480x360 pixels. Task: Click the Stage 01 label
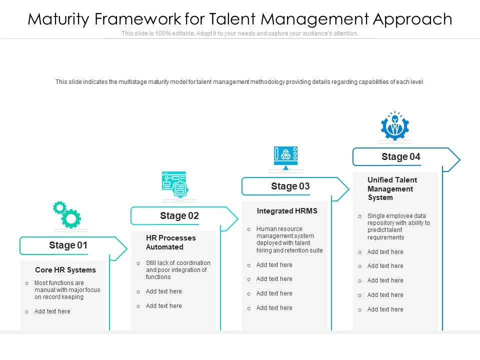pyautogui.click(x=68, y=245)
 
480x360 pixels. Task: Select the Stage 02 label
pyautogui.click(x=179, y=216)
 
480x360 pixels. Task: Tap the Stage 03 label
pyautogui.click(x=290, y=186)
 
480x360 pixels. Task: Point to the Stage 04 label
pyautogui.click(x=400, y=157)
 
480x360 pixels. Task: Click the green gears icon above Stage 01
pyautogui.click(x=67, y=215)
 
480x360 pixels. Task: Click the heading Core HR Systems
pyautogui.click(x=65, y=270)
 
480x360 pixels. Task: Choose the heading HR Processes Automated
pyautogui.click(x=171, y=242)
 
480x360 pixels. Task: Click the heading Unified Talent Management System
pyautogui.click(x=392, y=188)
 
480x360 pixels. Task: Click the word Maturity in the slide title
pyautogui.click(x=59, y=19)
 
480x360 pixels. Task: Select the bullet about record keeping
pyautogui.click(x=67, y=290)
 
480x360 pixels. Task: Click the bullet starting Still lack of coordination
pyautogui.click(x=178, y=270)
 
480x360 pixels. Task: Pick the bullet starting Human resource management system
pyautogui.click(x=289, y=239)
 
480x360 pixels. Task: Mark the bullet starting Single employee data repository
pyautogui.click(x=398, y=226)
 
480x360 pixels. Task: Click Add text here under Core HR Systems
pyautogui.click(x=52, y=311)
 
